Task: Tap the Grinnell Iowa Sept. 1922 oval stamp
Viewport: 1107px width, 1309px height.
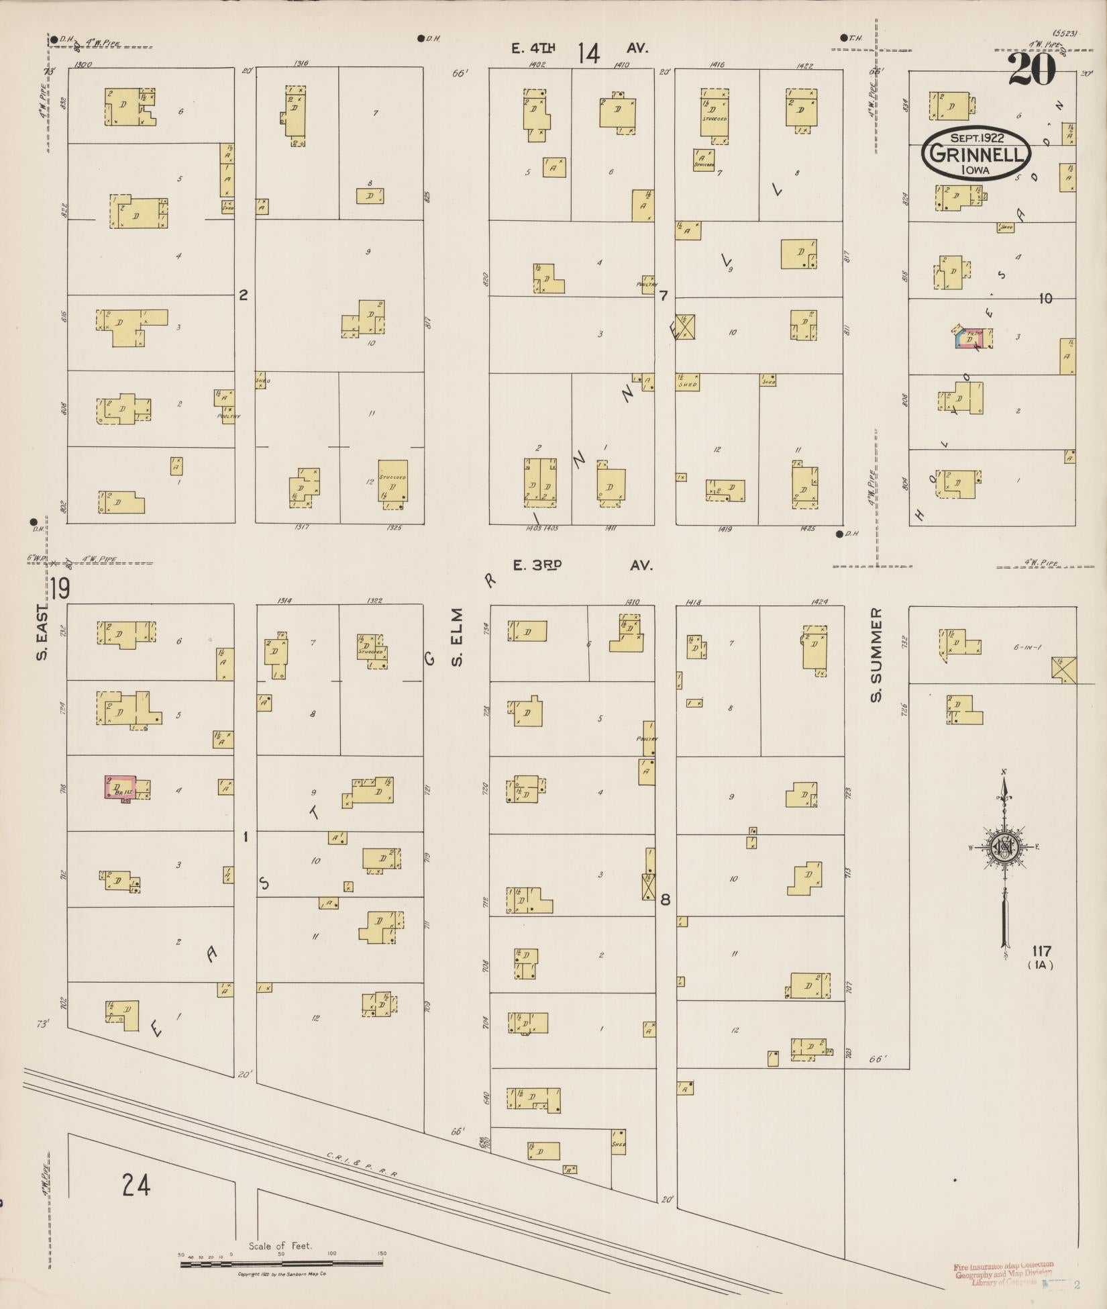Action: point(976,154)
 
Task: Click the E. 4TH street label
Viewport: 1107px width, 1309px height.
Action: point(533,48)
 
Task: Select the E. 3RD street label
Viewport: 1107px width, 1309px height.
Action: point(536,565)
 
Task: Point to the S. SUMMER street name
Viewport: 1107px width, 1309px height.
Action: point(876,656)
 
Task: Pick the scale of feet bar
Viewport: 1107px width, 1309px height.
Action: point(282,1265)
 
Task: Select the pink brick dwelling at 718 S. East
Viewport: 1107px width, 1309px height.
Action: point(119,787)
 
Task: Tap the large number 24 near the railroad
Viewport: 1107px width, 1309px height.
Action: point(136,1185)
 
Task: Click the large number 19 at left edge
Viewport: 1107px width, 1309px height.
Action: point(59,589)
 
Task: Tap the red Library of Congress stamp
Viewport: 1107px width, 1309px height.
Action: point(1002,1273)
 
